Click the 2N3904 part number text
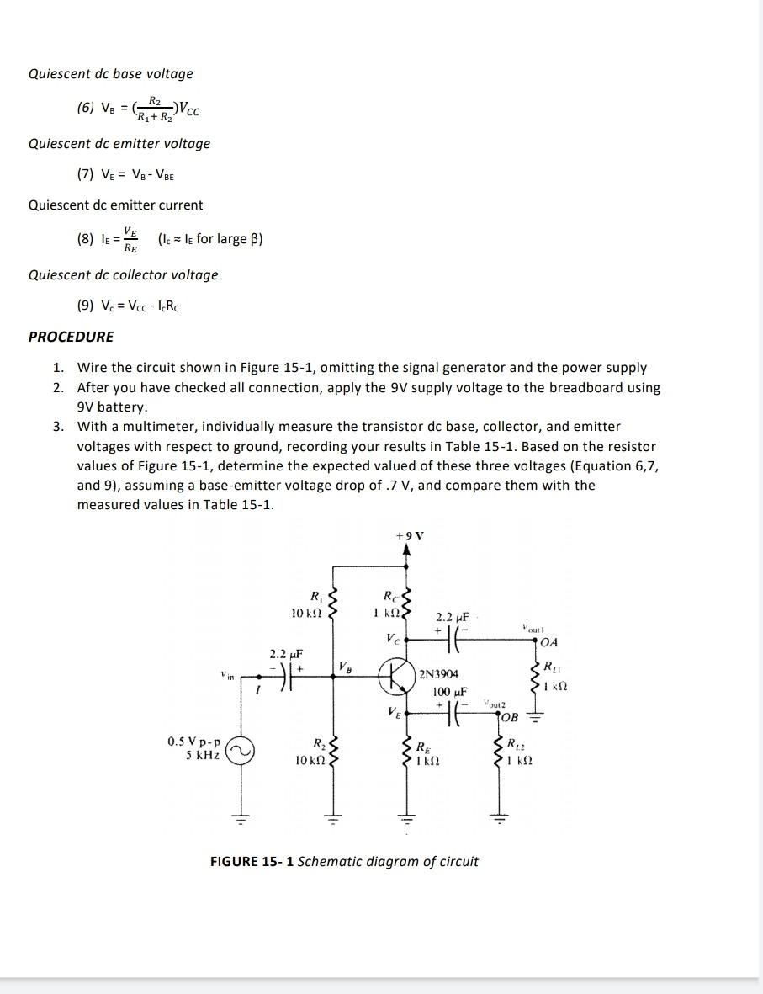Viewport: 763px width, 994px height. point(438,674)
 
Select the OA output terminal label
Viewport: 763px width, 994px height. point(549,643)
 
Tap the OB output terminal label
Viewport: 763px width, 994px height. point(510,717)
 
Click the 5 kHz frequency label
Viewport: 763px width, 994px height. point(203,755)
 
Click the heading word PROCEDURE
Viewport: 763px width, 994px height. point(72,337)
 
